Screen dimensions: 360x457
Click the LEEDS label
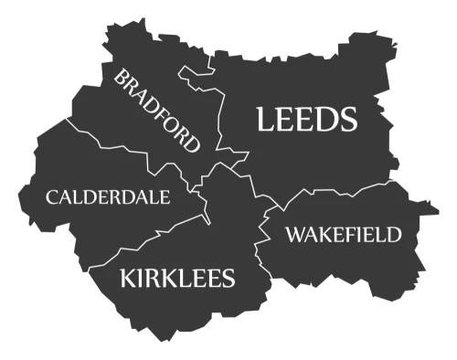306,119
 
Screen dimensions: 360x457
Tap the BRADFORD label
156,110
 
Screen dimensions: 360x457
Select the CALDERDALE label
108,196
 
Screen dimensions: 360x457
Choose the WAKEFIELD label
343,235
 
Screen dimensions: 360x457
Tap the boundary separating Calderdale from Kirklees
146,236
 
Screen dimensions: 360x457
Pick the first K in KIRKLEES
128,277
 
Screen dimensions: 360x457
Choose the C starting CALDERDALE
53,196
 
